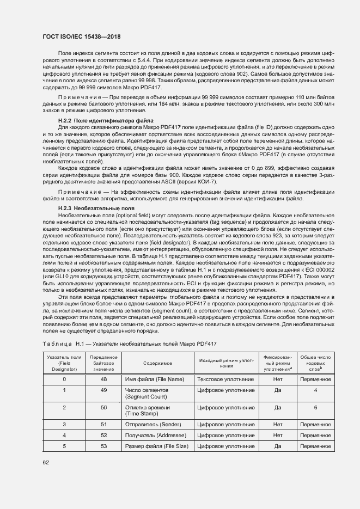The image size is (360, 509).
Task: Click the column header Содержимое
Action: (x=158, y=363)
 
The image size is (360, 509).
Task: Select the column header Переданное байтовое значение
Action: (x=103, y=363)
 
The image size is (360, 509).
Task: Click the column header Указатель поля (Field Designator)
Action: (x=64, y=363)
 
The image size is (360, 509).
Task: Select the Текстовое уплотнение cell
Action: (x=225, y=379)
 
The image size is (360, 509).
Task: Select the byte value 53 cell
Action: (x=103, y=446)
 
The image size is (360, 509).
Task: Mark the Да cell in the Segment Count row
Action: (x=277, y=390)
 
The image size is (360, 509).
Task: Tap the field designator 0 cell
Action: (x=64, y=379)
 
